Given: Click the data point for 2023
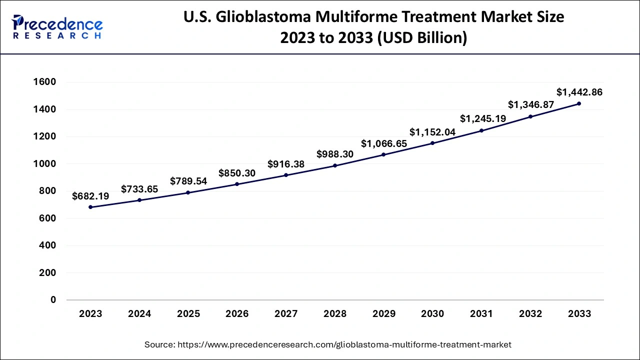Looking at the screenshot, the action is coord(90,207).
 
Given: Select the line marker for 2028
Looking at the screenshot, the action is coord(335,165).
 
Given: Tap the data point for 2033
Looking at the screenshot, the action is coord(579,103).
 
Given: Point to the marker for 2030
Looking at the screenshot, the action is coord(432,143).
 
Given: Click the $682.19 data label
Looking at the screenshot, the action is coord(90,196).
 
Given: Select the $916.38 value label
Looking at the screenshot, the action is coord(286,164).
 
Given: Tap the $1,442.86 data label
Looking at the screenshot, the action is coord(579,92).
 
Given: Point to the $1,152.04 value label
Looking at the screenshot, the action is coord(432,132).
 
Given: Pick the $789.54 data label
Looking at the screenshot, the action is coord(188,181).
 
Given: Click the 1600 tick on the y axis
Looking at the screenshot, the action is coord(44,82).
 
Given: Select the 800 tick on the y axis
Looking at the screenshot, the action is coord(47,191).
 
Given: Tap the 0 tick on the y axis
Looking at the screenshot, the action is coord(53,299).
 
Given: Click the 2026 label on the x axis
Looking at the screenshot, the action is coord(237,313).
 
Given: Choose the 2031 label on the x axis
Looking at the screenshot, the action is coord(481,313).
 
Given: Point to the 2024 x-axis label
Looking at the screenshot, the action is coord(139,313).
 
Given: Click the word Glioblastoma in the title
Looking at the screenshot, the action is coord(263,17).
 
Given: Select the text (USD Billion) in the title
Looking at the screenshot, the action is coord(422,38).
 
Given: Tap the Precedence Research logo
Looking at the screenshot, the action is coord(57,27).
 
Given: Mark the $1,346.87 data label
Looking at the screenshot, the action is coord(531,105).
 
